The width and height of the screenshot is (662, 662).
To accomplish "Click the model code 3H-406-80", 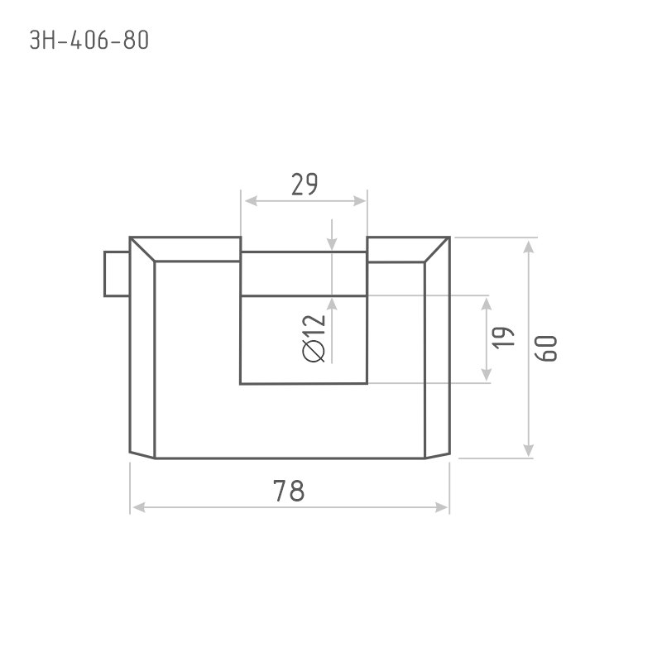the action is pos(89,40).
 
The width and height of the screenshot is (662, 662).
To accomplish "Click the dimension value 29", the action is pos(305,185).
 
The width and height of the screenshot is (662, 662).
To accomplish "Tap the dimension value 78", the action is pos(289,491).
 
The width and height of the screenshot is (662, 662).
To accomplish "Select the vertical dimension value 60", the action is pos(546,348).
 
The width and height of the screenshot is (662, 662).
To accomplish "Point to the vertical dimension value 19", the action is pos(504,338).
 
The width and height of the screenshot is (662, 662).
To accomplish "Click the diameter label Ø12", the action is pos(314,338).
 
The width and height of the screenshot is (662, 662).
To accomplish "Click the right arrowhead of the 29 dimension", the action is pos(359,201).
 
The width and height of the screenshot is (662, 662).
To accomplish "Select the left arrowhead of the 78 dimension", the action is pos(138,507).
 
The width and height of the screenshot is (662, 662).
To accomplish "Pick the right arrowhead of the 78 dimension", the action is pos(442,507).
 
